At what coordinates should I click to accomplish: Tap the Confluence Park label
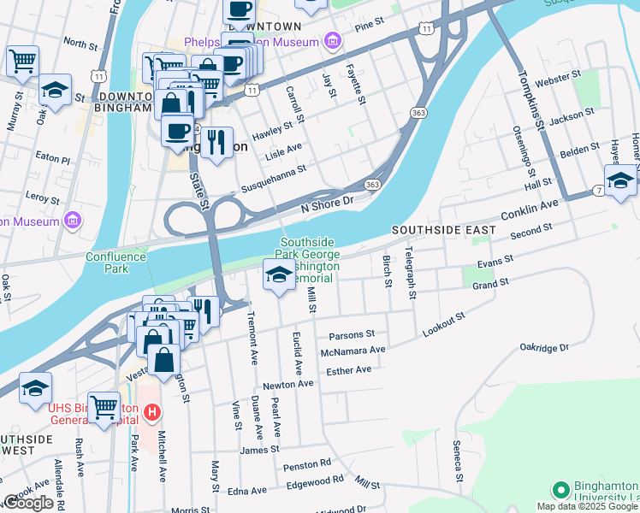click(x=107, y=262)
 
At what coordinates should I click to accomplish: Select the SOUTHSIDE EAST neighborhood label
click(x=443, y=231)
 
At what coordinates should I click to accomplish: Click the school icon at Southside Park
click(x=279, y=275)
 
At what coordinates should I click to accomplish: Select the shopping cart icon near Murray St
click(x=22, y=62)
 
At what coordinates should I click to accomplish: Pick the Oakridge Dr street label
click(x=544, y=348)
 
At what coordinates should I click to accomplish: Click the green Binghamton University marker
click(x=560, y=490)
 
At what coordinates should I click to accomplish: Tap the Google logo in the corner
click(x=28, y=503)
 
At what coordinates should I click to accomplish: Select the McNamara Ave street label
click(x=353, y=350)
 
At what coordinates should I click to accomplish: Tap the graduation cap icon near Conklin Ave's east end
click(x=620, y=180)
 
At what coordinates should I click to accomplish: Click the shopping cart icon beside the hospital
click(x=104, y=407)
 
